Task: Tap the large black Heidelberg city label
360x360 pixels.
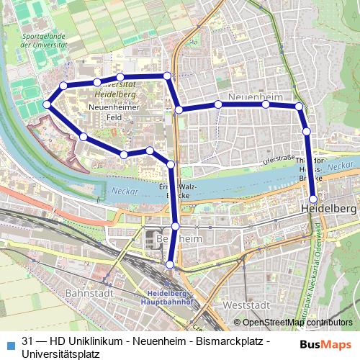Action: coord(328,208)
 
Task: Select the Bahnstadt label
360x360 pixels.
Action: coord(85,294)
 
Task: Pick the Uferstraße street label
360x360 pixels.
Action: coord(279,158)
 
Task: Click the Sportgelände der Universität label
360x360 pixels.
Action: coord(44,40)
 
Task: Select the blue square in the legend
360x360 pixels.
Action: coord(9,342)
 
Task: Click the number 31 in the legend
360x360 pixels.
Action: coord(27,341)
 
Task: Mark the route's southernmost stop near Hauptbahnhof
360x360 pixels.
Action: coord(170,265)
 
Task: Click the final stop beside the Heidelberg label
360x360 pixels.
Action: coord(313,199)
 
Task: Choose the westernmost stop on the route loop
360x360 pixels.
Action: coord(47,104)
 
